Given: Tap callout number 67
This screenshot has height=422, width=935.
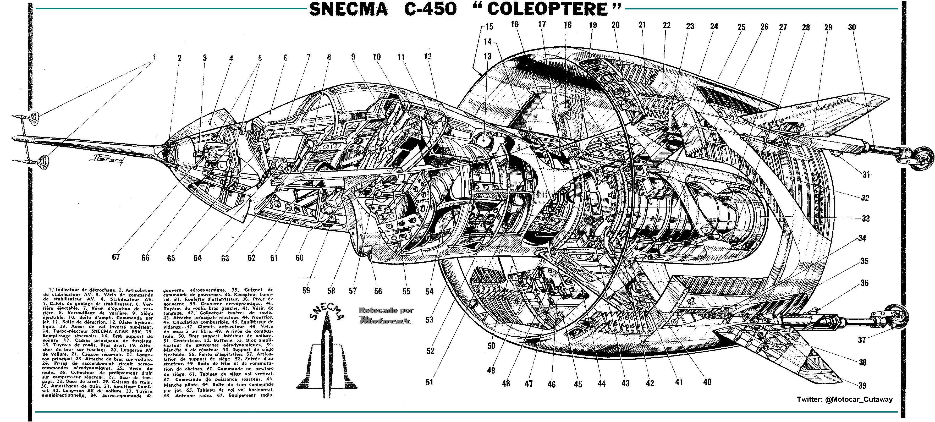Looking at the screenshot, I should pyautogui.click(x=116, y=257).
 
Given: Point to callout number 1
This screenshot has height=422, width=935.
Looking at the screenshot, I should pyautogui.click(x=154, y=57).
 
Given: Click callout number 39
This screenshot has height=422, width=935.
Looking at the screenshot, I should pyautogui.click(x=862, y=385).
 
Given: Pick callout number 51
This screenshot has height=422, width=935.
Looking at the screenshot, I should pyautogui.click(x=429, y=382).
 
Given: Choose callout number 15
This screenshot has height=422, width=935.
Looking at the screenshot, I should pyautogui.click(x=489, y=26).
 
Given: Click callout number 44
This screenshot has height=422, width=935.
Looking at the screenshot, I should pyautogui.click(x=601, y=383).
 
